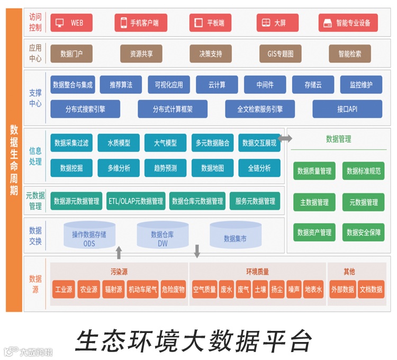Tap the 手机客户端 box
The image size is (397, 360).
(140, 23)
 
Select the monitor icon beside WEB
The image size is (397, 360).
(60, 23)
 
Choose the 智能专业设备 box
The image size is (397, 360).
(348, 23)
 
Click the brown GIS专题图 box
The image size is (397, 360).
(280, 54)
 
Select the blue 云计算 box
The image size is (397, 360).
(216, 85)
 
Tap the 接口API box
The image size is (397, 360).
(347, 109)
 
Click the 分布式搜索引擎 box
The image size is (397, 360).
(85, 109)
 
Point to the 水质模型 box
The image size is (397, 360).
(119, 143)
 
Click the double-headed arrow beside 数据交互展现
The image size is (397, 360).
(285, 139)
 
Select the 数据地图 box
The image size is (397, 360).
(212, 168)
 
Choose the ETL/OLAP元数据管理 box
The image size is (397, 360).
(136, 201)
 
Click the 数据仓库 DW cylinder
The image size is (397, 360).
(163, 235)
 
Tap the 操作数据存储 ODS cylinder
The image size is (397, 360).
(89, 235)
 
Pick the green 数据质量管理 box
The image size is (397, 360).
(314, 171)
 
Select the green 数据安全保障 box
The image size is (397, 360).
(363, 232)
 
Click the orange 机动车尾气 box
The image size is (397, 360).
(143, 290)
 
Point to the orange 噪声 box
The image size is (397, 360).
(294, 290)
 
